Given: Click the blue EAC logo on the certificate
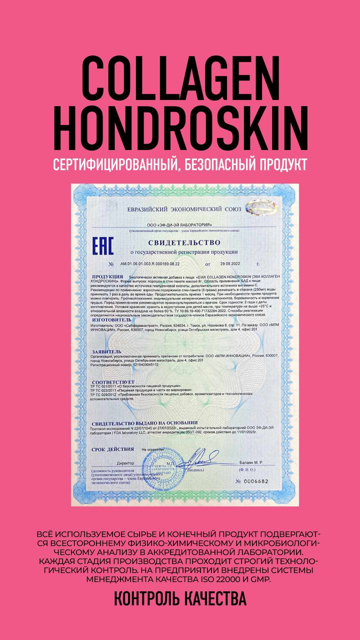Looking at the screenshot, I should point(103,246).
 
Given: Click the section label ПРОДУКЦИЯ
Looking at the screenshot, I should point(107,276).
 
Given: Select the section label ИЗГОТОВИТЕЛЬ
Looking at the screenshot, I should point(112,319).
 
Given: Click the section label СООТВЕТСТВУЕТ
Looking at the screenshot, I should point(114,381).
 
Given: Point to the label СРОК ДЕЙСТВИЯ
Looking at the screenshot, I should point(113,449).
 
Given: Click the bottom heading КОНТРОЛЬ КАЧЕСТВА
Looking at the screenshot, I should point(180,598).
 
